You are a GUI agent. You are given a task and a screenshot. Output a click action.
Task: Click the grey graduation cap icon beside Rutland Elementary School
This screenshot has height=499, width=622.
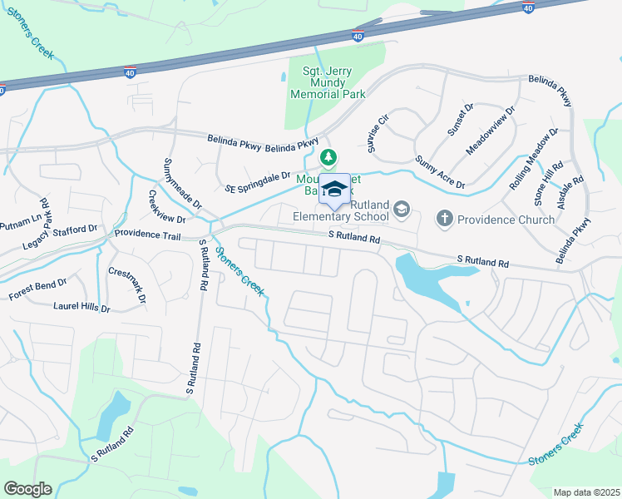402,207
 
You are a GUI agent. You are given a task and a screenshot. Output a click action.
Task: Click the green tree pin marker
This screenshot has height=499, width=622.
329,156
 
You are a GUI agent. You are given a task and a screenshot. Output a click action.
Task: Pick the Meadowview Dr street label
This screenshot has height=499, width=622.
491,129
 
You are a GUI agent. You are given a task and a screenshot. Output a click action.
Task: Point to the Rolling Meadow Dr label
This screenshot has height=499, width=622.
534,159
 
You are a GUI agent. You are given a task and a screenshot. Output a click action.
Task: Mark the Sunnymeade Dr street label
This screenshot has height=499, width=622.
182,182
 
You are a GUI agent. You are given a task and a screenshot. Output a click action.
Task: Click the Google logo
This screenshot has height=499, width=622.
27,489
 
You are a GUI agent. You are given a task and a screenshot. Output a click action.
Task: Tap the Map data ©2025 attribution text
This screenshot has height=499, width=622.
585,492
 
